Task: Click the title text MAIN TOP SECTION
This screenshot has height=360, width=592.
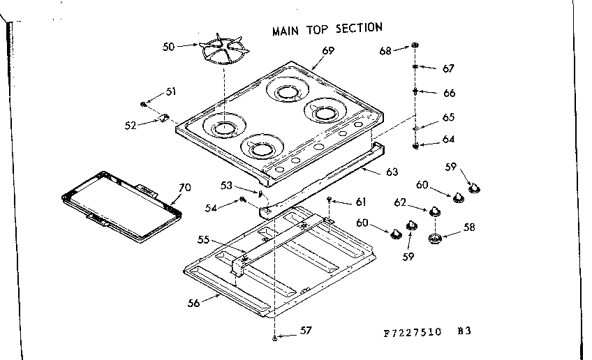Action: [327, 29]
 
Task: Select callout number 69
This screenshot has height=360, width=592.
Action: [328, 50]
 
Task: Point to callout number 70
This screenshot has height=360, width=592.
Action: [184, 187]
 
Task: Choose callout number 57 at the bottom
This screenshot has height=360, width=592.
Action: [305, 331]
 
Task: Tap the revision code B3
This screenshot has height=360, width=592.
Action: [465, 331]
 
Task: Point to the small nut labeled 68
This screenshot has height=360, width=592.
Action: [415, 46]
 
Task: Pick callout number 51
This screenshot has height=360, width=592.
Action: [170, 91]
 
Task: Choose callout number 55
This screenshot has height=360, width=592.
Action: [203, 239]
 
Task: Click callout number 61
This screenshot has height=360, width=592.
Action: [360, 202]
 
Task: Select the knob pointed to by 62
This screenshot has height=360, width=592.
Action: [435, 211]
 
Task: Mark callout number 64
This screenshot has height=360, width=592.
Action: [448, 140]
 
